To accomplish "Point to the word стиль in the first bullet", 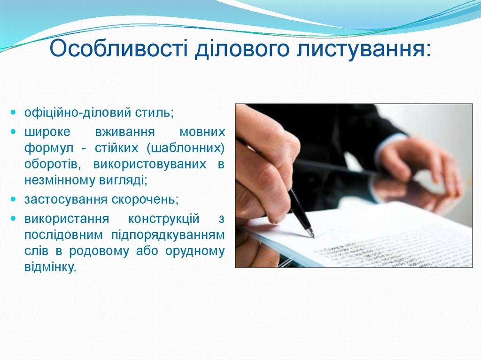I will tap(155, 113).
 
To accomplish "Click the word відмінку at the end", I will tap(49, 268).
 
